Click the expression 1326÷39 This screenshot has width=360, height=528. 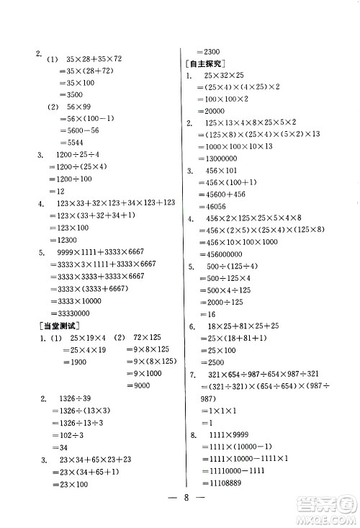pyautogui.click(x=72, y=398)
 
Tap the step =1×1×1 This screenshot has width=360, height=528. pyautogui.click(x=214, y=411)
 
